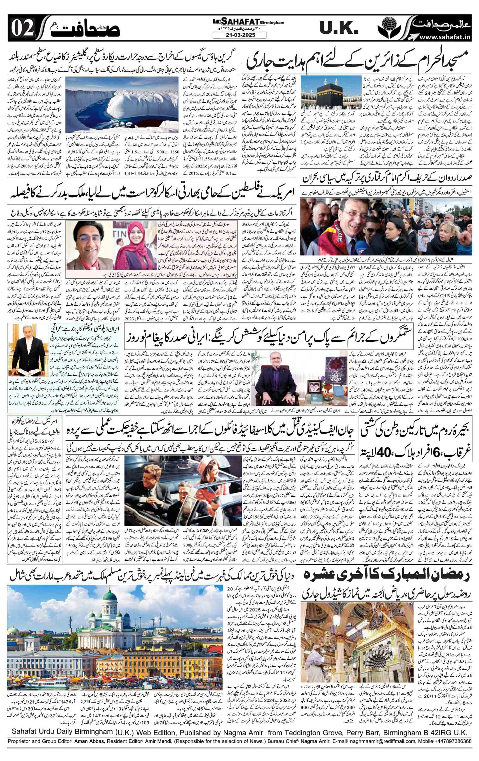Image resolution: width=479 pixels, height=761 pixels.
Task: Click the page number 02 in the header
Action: (22, 29)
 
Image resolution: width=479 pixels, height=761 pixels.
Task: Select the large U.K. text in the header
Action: (338, 29)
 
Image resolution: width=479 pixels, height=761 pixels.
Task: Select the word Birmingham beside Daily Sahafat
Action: (272, 22)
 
